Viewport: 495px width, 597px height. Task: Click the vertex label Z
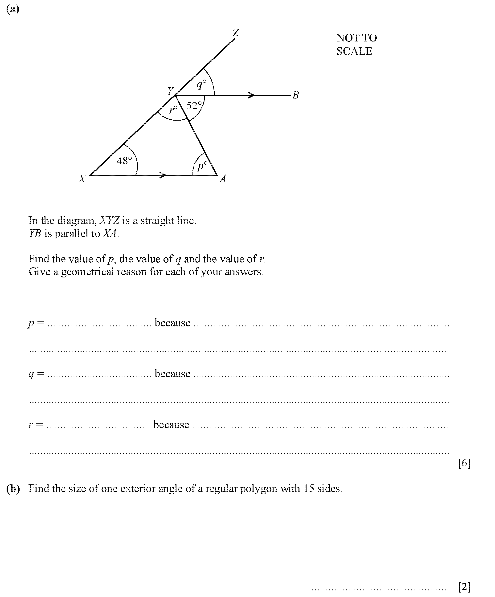[236, 33]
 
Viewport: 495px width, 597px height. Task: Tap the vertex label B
[296, 95]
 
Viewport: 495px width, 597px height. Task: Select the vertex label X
[82, 179]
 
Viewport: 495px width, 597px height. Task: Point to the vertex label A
[223, 179]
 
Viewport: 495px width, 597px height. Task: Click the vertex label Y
[170, 91]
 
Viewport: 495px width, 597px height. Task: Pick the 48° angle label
[124, 161]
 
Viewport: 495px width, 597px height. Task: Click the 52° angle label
[194, 106]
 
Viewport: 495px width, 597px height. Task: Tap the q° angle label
[201, 84]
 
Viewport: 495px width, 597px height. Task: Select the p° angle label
[202, 166]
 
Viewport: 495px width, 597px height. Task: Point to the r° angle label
[173, 110]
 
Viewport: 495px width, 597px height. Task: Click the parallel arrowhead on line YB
[251, 95]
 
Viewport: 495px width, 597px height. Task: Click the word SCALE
[354, 51]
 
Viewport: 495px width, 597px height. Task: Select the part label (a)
[12, 9]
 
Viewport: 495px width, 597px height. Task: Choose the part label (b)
[13, 488]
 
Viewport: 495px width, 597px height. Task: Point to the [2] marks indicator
[464, 586]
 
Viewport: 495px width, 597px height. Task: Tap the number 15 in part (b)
[308, 488]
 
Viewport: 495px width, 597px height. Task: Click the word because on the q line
[172, 374]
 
